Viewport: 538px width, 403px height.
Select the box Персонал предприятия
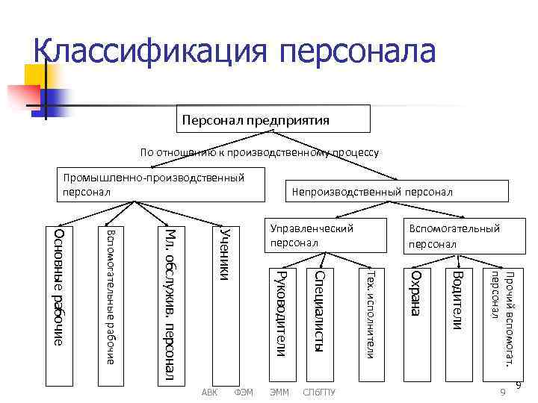point(275,119)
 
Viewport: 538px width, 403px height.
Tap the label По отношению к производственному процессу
point(259,152)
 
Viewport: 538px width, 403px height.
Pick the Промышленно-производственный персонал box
point(163,185)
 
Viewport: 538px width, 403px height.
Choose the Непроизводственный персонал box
point(395,191)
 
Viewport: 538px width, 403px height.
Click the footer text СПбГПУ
point(319,392)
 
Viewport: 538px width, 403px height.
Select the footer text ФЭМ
point(244,392)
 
